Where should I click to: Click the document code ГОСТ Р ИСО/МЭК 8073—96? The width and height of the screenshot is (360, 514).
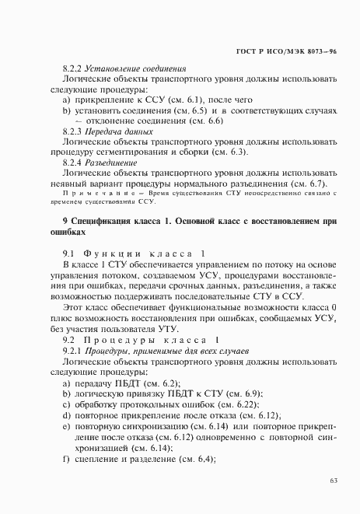click(x=295, y=50)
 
